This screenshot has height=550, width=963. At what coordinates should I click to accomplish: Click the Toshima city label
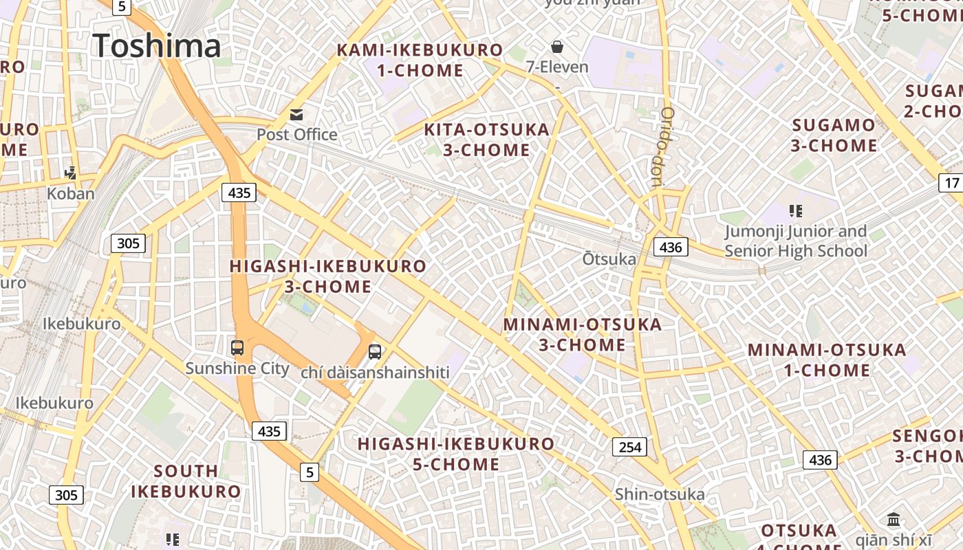coord(157,45)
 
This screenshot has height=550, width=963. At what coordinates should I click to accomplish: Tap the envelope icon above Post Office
coord(296,114)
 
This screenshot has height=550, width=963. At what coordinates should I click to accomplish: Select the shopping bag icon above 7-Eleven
coord(557,47)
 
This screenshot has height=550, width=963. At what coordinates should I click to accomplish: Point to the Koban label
coord(70,193)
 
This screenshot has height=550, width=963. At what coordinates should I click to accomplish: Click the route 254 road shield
coord(629,448)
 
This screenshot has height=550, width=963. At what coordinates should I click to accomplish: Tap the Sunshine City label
coord(237,368)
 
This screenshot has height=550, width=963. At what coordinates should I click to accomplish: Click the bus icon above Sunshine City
coord(237,348)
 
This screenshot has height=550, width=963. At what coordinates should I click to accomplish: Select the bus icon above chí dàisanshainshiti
coord(375,352)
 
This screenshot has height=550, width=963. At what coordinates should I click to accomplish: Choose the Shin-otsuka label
coord(660,494)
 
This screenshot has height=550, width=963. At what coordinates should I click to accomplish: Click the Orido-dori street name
coord(664,147)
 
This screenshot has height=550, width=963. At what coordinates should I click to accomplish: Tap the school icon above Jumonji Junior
coord(796,211)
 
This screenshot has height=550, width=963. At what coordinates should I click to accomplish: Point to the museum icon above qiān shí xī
coord(894,519)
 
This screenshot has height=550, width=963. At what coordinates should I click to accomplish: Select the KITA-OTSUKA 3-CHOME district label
coord(486,140)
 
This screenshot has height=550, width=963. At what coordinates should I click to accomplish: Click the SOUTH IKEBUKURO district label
coord(186,481)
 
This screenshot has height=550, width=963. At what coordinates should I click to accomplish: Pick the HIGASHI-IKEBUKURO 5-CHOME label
coord(456,454)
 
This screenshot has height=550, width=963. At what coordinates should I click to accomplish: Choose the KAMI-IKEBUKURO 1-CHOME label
coord(420,60)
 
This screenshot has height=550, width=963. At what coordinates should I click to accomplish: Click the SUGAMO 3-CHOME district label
coord(834,135)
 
